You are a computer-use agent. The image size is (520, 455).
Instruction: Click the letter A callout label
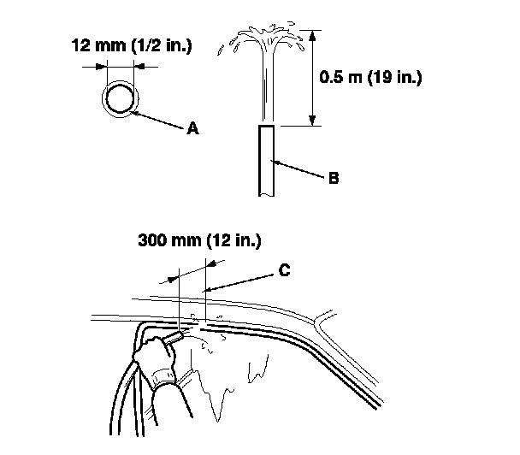192,128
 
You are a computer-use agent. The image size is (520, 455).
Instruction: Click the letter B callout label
334,179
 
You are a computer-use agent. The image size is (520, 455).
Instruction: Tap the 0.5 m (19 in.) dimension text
371,76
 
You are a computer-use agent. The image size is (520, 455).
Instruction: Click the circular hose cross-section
119,97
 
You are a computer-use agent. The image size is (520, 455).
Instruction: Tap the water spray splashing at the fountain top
264,39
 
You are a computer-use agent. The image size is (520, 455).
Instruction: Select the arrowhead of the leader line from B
275,161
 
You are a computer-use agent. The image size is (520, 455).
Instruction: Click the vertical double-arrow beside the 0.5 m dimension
313,78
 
